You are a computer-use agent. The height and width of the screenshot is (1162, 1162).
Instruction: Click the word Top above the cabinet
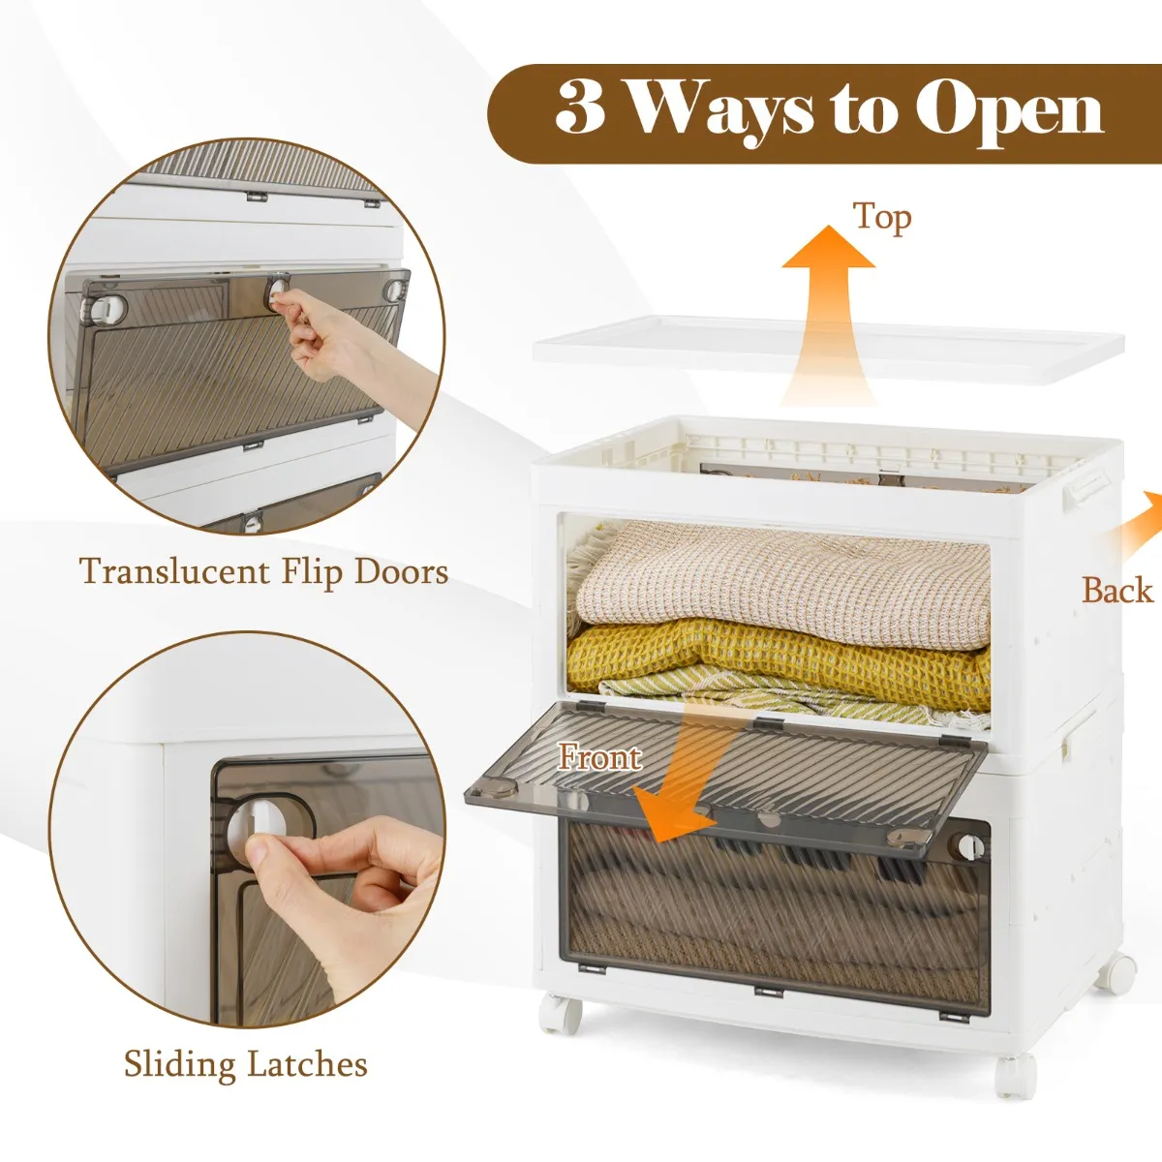pos(881,218)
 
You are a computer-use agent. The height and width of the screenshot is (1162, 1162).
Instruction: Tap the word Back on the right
pos(1117,590)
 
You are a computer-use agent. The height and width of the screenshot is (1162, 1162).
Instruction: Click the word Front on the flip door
pos(600,757)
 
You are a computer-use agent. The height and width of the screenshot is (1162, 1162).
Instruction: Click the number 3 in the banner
pos(579,109)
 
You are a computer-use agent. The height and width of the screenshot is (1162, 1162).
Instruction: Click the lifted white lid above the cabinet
pos(829,350)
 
